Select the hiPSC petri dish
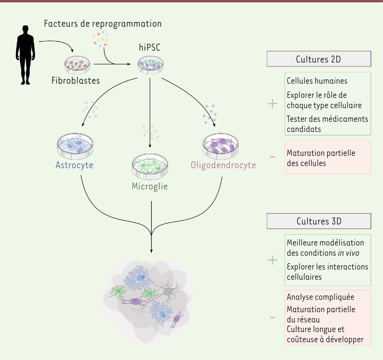click(150, 65)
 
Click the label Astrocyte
click(74, 165)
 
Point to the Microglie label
click(150, 187)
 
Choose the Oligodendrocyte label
click(223, 165)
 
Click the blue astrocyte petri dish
click(75, 146)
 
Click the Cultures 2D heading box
click(319, 59)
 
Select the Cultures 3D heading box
click(319, 221)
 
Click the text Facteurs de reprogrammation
click(102, 24)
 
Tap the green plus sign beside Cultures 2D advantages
click(273, 104)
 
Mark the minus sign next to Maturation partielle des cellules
click(273, 157)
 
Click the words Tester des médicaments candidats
click(327, 124)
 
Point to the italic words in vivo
click(348, 253)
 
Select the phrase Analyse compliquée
click(320, 297)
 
